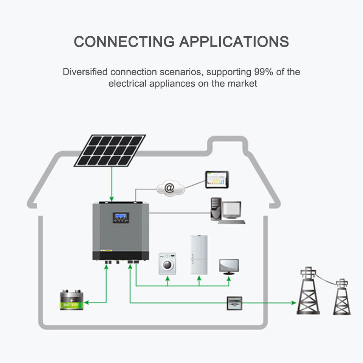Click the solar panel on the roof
(110, 150)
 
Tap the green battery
(71, 300)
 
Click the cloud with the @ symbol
(171, 188)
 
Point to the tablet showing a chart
(217, 180)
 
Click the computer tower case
(216, 209)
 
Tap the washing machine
(167, 264)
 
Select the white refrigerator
(199, 254)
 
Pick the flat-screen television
(229, 267)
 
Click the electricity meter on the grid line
(234, 303)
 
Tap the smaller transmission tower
(342, 297)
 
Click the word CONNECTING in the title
(124, 42)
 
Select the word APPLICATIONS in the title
(234, 42)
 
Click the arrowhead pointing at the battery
(87, 302)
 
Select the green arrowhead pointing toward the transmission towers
(294, 302)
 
